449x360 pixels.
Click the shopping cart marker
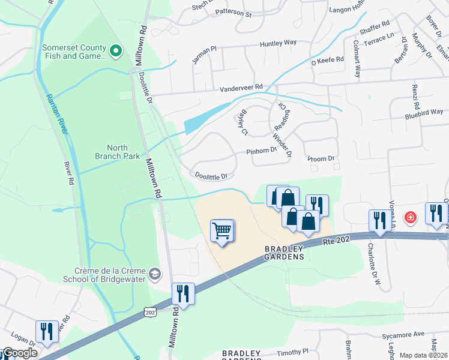222,230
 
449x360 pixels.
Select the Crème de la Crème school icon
155,274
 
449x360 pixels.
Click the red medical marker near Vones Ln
411,217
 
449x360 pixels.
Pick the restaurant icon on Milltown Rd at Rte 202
184,293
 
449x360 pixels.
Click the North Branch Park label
123,152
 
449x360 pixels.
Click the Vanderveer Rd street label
243,87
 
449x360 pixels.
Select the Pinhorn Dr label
261,152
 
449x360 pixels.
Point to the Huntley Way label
278,43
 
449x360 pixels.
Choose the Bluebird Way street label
424,112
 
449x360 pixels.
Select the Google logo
20,353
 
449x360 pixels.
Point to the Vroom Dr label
320,159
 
